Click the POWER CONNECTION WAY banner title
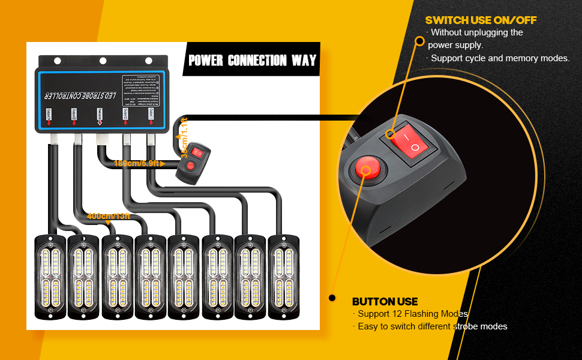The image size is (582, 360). tap(252, 61)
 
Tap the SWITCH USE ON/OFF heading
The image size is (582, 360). tap(481, 20)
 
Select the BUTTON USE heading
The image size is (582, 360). tap(385, 301)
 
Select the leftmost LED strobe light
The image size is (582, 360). tap(50, 277)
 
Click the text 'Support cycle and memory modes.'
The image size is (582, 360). tap(500, 58)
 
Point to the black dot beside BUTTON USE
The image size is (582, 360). tap(331, 298)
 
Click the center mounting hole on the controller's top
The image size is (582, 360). tap(103, 61)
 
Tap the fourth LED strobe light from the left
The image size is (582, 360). tap(151, 277)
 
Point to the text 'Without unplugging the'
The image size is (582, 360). tap(476, 32)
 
